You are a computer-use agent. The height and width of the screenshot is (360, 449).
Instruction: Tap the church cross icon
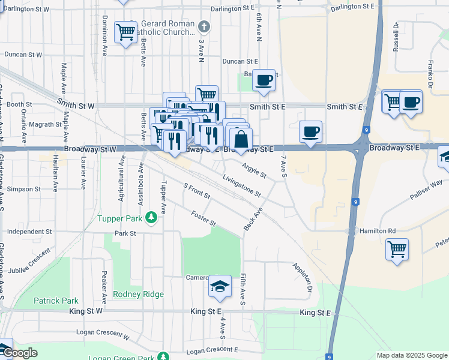pyautogui.click(x=204, y=26)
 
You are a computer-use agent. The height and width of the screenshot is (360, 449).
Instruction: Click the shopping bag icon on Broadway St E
pyautogui.click(x=241, y=139)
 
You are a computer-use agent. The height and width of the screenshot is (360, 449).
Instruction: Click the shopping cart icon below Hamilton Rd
pyautogui.click(x=397, y=248)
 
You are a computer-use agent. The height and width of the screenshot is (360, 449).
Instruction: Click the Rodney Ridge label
pyautogui.click(x=138, y=294)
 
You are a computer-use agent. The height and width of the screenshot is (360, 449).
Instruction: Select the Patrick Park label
pyautogui.click(x=56, y=301)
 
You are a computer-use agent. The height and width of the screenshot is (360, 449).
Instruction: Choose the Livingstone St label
pyautogui.click(x=241, y=185)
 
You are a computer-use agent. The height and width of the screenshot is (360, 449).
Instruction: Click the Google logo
pyautogui.click(x=19, y=353)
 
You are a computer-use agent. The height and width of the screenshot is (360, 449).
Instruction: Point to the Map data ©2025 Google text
pyautogui.click(x=411, y=355)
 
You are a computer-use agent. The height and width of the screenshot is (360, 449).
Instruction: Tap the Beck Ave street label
pyautogui.click(x=253, y=220)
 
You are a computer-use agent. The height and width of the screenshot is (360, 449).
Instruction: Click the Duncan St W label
pyautogui.click(x=23, y=54)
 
